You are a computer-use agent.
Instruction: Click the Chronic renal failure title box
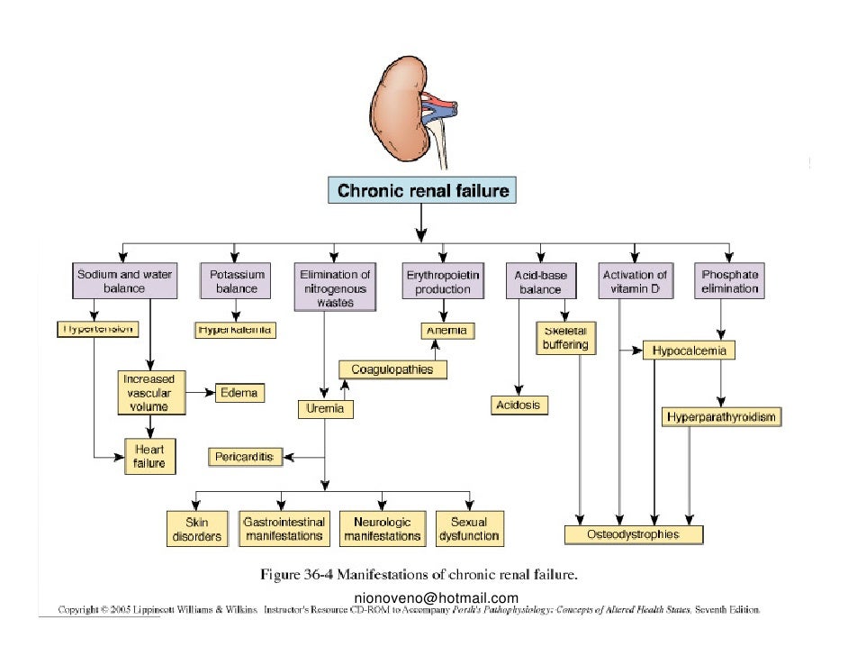(422, 191)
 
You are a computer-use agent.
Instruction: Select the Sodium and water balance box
(124, 281)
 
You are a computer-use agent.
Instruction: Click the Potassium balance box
(236, 281)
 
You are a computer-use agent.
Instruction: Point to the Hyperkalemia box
(236, 331)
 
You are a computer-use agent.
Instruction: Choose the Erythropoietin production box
(443, 281)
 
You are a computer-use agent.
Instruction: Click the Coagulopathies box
(392, 369)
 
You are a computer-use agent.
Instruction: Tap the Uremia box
(325, 410)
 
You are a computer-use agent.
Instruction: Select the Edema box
(239, 393)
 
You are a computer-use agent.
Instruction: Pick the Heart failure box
(150, 456)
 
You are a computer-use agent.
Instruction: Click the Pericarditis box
(243, 457)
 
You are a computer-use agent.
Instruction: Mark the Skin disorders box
(196, 529)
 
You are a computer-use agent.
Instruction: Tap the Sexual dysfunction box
(468, 529)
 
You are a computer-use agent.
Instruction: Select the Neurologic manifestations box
(382, 529)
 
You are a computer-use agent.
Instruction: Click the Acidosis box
(519, 405)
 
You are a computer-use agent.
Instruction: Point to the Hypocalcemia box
(690, 351)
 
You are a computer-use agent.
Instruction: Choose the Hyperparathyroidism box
(720, 417)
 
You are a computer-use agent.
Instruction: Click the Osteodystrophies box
(633, 535)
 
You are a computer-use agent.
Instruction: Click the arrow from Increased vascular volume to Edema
(201, 393)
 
